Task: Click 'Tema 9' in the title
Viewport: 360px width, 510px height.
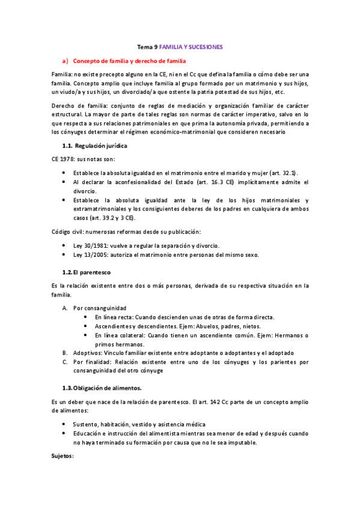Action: pyautogui.click(x=148, y=46)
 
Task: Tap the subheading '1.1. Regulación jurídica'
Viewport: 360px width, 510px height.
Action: pyautogui.click(x=94, y=146)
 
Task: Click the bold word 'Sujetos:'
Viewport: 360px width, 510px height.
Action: pyautogui.click(x=63, y=457)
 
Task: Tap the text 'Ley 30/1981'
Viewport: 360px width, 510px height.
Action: pyautogui.click(x=89, y=245)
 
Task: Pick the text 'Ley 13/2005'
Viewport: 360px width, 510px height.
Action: pyautogui.click(x=89, y=254)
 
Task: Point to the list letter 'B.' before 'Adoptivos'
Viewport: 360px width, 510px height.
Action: pyautogui.click(x=65, y=352)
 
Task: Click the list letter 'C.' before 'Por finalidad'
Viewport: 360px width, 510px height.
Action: pyautogui.click(x=65, y=362)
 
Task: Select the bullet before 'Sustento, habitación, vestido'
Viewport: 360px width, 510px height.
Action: pyautogui.click(x=65, y=424)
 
